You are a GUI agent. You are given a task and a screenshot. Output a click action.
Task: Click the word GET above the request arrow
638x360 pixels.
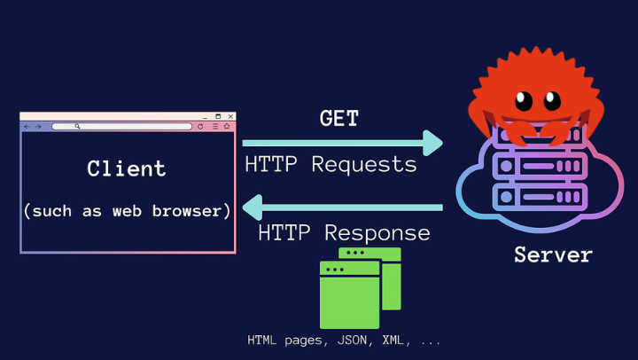tap(339, 118)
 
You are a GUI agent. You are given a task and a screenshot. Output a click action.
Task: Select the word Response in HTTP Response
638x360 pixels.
tap(377, 233)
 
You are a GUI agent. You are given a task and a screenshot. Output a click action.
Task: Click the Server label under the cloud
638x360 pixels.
tap(553, 255)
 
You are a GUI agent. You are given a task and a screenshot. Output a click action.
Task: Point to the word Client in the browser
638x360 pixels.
tap(127, 168)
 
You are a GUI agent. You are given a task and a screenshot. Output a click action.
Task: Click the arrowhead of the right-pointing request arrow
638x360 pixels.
tap(433, 142)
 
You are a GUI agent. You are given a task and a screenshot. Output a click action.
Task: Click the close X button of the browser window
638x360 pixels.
tap(231, 116)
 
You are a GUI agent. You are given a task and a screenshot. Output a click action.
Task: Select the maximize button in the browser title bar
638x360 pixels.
tap(218, 116)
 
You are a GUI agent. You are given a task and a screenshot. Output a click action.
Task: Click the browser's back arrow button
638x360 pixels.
tap(27, 127)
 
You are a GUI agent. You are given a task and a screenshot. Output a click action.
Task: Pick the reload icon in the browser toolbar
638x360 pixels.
tap(200, 127)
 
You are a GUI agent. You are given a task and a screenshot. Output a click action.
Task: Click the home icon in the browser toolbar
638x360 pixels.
tap(228, 127)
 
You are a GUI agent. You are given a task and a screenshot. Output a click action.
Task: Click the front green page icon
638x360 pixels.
tap(349, 295)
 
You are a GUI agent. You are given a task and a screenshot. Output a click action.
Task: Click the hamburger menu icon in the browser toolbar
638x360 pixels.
tap(215, 127)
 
